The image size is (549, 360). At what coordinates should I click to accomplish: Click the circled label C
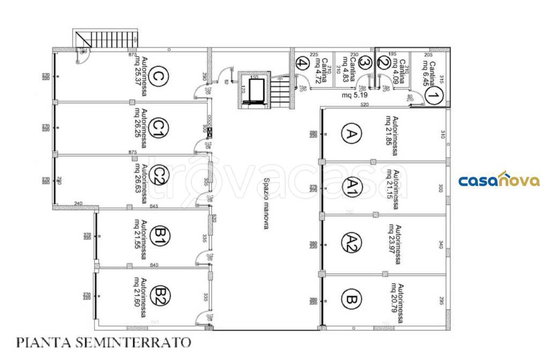[158, 77]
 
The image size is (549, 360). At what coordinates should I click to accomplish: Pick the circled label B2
[159, 295]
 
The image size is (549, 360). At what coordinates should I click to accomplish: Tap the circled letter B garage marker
[351, 298]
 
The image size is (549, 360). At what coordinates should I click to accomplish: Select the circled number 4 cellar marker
[302, 63]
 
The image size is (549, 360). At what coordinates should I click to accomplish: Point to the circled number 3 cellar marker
[365, 63]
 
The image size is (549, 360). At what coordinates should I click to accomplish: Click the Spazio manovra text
[265, 203]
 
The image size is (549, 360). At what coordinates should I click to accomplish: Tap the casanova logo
[499, 180]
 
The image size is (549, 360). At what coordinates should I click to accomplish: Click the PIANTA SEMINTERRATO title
[104, 341]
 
